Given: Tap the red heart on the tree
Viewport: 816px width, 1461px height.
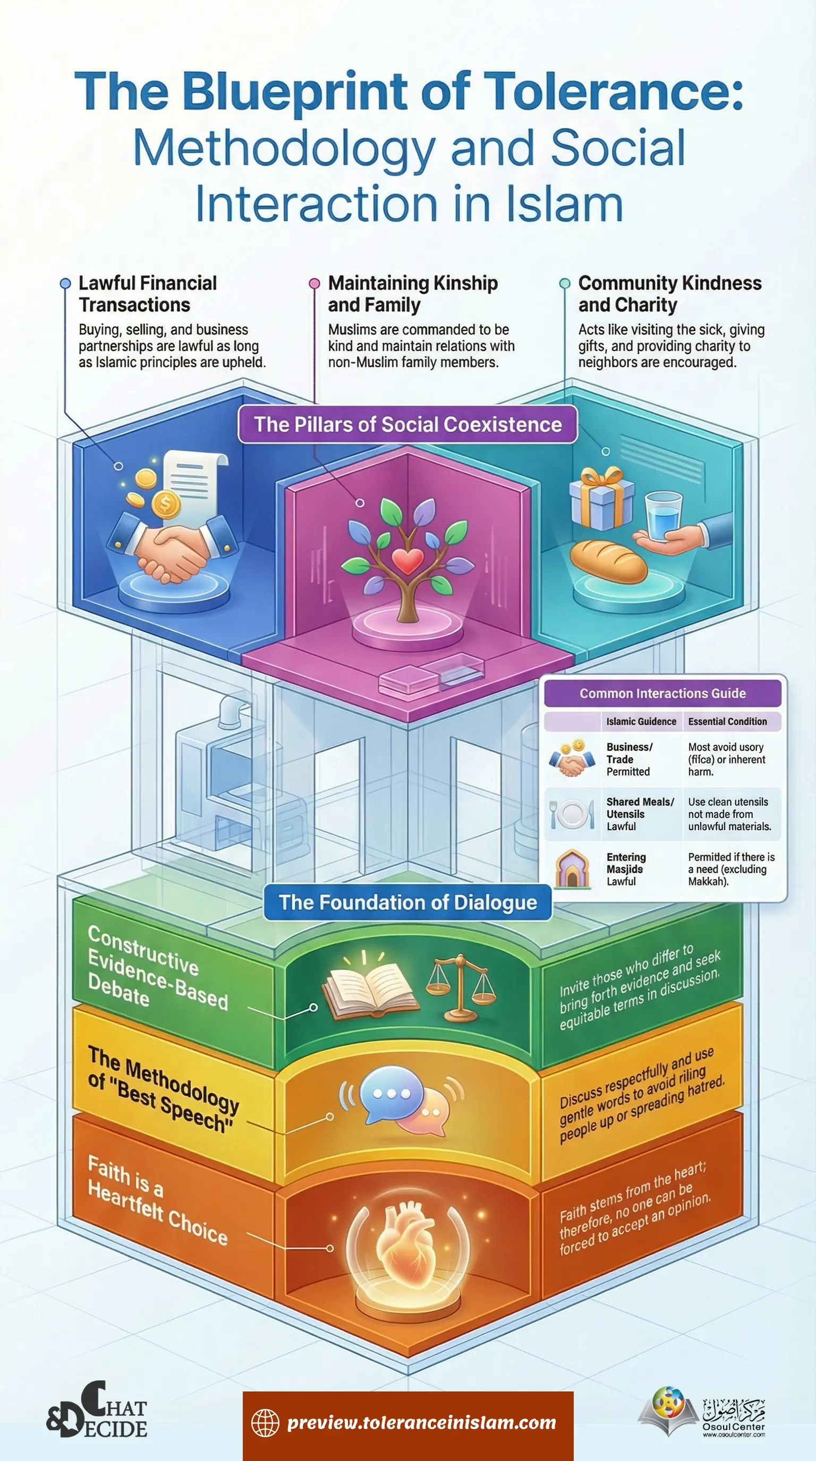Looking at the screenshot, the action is click(407, 561).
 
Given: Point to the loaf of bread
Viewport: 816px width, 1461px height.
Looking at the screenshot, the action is click(608, 561).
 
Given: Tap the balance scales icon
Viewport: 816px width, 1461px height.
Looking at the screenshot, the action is click(461, 984).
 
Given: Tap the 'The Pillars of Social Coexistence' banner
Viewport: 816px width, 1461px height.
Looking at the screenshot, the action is click(407, 424).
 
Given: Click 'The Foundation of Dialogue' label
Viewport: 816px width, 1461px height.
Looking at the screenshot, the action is click(407, 902).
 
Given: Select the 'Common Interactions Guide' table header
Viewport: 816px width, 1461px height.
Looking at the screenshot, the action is click(662, 693).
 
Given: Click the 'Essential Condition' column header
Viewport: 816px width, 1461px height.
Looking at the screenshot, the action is click(727, 721).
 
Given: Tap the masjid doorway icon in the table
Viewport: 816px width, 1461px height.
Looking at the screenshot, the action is click(572, 869).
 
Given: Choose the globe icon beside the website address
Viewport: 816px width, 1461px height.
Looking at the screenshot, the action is click(265, 1422).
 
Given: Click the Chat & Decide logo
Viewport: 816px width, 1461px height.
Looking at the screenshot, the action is click(97, 1410).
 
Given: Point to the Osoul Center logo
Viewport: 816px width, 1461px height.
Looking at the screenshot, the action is click(703, 1412).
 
